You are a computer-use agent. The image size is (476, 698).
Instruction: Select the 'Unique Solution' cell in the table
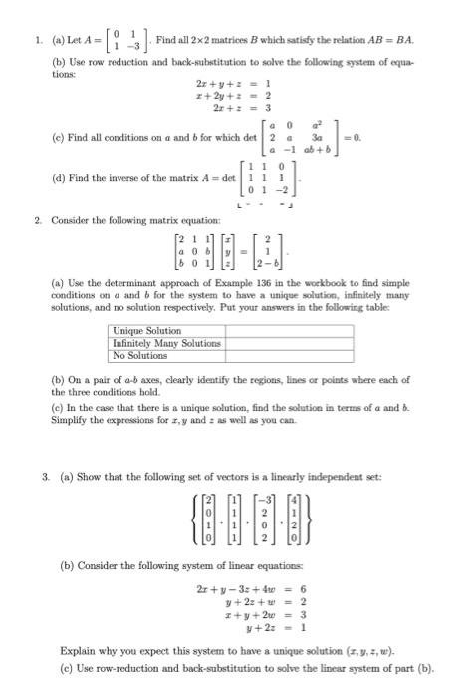click(148, 331)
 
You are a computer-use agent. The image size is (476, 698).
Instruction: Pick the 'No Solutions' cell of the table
click(140, 353)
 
